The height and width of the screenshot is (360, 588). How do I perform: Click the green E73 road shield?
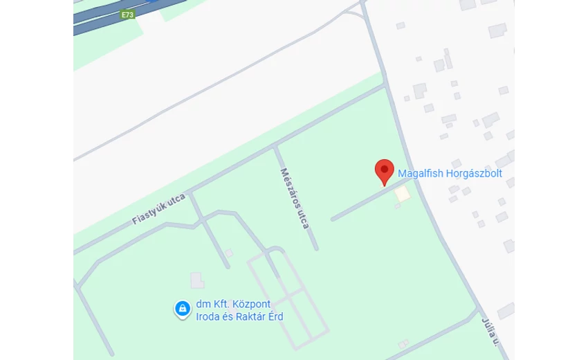tap(127, 15)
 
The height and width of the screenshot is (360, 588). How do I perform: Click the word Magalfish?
tap(421, 174)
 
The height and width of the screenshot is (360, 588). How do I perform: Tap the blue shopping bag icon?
tap(182, 309)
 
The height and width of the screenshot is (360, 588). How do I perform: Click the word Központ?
tap(252, 305)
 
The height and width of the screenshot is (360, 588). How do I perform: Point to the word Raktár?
tap(251, 316)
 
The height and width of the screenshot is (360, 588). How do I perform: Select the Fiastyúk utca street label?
tap(159, 209)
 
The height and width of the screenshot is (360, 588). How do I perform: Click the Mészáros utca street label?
tap(295, 198)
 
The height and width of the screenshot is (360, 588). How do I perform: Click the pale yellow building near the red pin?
tap(402, 195)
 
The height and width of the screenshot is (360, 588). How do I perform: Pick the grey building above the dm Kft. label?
tap(197, 280)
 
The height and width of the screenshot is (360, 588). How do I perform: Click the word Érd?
tap(275, 316)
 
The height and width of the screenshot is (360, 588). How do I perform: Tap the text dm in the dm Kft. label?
tap(203, 305)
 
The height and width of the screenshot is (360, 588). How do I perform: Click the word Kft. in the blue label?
tap(222, 305)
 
